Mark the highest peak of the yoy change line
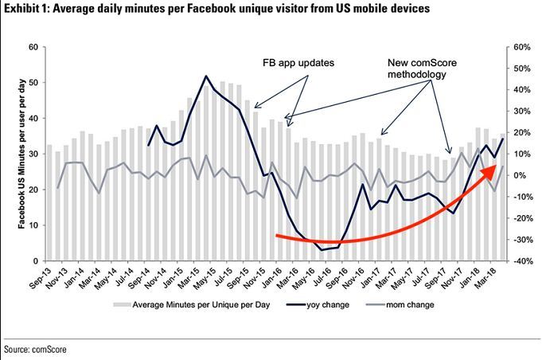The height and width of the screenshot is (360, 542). (206, 76)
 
